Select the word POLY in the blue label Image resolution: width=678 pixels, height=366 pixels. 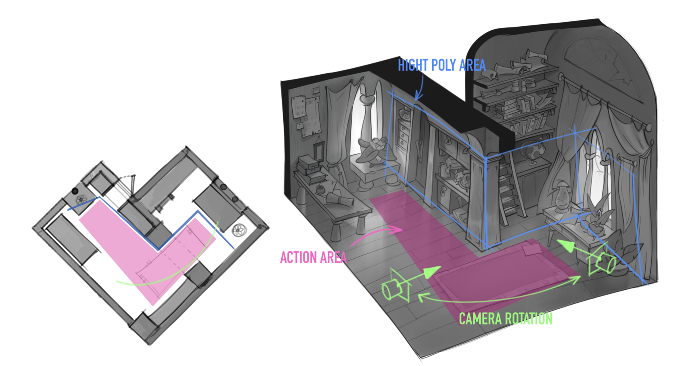click(444, 65)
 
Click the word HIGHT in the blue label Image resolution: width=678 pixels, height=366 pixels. click(412, 65)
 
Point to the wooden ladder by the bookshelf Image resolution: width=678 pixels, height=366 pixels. click(509, 190)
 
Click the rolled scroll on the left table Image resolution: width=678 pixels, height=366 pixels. click(341, 199)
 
